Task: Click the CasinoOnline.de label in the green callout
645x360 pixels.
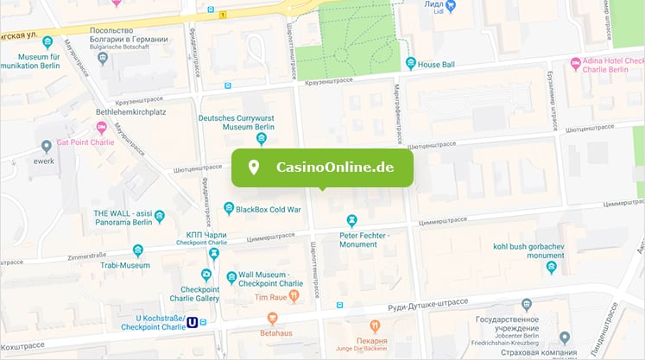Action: coord(334,167)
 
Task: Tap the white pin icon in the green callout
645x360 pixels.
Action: coord(254,167)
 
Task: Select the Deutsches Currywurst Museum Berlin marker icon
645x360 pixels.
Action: coord(262,139)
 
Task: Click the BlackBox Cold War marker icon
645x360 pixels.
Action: coord(229,208)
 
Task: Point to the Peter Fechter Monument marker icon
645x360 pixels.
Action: coord(352,220)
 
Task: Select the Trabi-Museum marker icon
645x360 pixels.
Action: coord(137,251)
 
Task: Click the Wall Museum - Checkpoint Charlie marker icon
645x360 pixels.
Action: coord(231,277)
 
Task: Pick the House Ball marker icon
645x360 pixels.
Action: coord(410,64)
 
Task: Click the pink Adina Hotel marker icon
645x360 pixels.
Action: coord(576,64)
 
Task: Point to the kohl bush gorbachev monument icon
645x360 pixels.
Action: coord(551,268)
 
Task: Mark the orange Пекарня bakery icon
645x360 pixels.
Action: coord(375,326)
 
